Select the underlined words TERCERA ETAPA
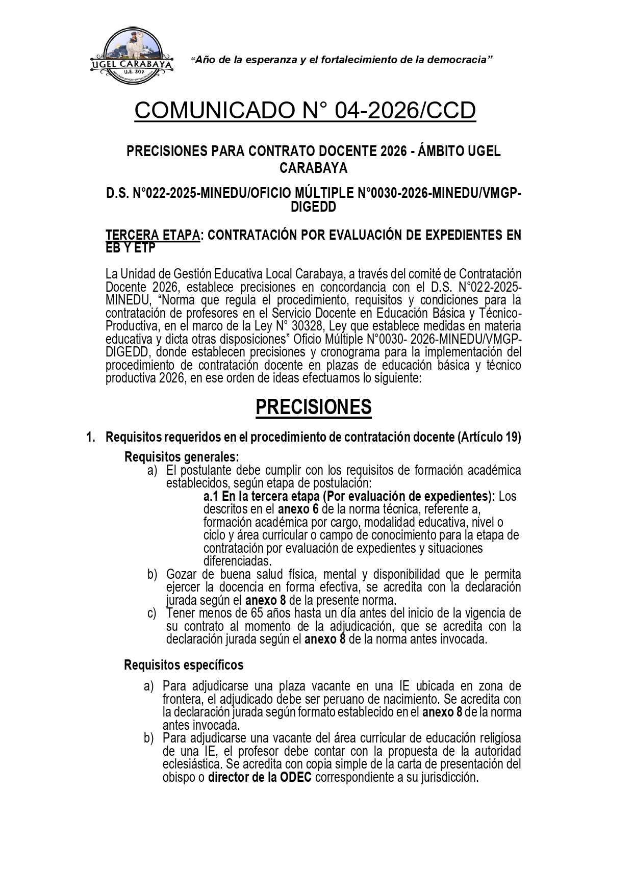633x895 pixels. (152, 235)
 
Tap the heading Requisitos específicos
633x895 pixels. (184, 665)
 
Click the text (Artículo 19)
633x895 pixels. (489, 437)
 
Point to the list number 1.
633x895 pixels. (90, 437)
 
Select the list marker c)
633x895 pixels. (152, 613)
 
